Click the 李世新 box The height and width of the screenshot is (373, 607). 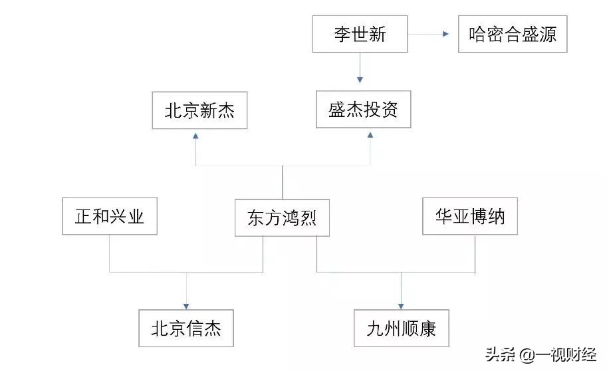click(x=360, y=35)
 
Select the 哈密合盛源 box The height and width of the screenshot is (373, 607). click(x=513, y=35)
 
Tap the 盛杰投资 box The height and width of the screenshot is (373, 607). click(x=363, y=110)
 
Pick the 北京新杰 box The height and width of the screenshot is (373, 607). click(x=199, y=110)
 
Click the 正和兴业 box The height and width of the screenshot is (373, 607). click(x=109, y=216)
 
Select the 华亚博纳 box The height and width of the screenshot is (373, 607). click(x=470, y=216)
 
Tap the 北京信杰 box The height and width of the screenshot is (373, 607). click(x=186, y=328)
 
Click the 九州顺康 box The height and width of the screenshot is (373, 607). click(x=401, y=328)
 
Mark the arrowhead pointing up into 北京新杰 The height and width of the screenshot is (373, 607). click(x=195, y=136)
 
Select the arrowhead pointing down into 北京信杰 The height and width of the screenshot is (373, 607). click(x=186, y=303)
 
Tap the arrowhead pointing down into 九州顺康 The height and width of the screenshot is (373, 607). click(x=401, y=303)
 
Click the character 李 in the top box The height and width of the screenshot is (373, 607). click(x=342, y=35)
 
